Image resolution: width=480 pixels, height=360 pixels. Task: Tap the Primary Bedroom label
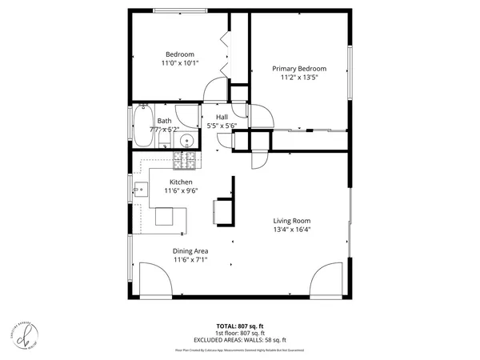click(x=299, y=69)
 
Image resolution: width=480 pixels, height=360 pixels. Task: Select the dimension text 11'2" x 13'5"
click(x=299, y=78)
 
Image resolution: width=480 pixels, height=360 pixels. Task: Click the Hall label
click(x=222, y=117)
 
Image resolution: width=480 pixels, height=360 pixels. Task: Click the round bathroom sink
click(x=186, y=142)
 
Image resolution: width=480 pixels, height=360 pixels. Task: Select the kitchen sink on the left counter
click(x=140, y=190)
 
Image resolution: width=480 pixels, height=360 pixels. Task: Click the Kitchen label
click(x=180, y=182)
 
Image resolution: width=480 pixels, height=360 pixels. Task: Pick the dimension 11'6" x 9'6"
click(x=180, y=191)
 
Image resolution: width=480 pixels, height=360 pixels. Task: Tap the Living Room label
click(x=292, y=221)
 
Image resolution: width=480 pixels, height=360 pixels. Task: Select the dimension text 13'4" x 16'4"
click(x=292, y=230)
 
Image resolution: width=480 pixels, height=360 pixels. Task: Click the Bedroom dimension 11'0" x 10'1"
click(x=180, y=62)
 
